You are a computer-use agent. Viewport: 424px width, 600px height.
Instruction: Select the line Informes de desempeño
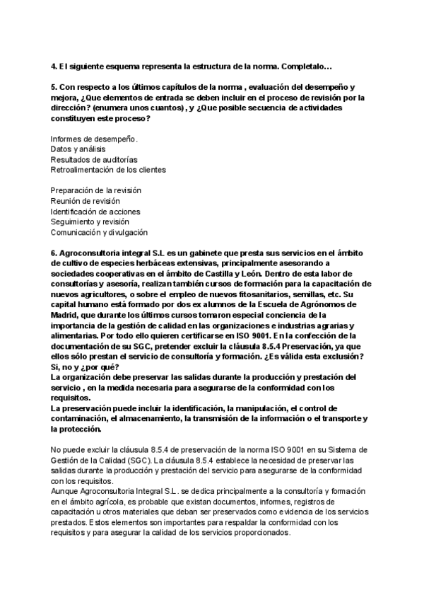point(94,138)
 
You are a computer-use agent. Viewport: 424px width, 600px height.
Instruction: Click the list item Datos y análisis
point(78,149)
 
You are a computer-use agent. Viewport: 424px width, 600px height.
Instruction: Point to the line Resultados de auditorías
point(94,159)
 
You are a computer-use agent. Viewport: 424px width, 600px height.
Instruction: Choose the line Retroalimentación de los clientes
point(108,170)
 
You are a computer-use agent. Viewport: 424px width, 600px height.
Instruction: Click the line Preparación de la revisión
point(96,190)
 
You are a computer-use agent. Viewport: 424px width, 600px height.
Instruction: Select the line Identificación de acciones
point(95,212)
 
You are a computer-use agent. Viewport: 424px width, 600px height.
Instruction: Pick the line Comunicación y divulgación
point(99,232)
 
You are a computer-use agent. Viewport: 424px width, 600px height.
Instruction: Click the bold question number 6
point(53,253)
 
